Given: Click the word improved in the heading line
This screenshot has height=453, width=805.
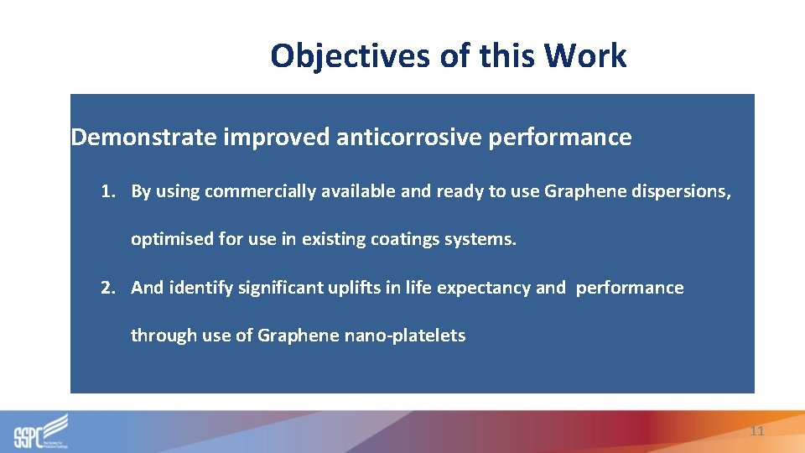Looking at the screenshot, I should pyautogui.click(x=276, y=138).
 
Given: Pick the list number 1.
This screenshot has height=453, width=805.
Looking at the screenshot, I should pyautogui.click(x=107, y=191).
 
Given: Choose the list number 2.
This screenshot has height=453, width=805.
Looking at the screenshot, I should pyautogui.click(x=107, y=288).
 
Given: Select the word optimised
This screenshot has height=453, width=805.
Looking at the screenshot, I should pyautogui.click(x=172, y=240).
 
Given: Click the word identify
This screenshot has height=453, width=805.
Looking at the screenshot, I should pyautogui.click(x=202, y=288).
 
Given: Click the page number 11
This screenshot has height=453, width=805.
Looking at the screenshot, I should pyautogui.click(x=756, y=431).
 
